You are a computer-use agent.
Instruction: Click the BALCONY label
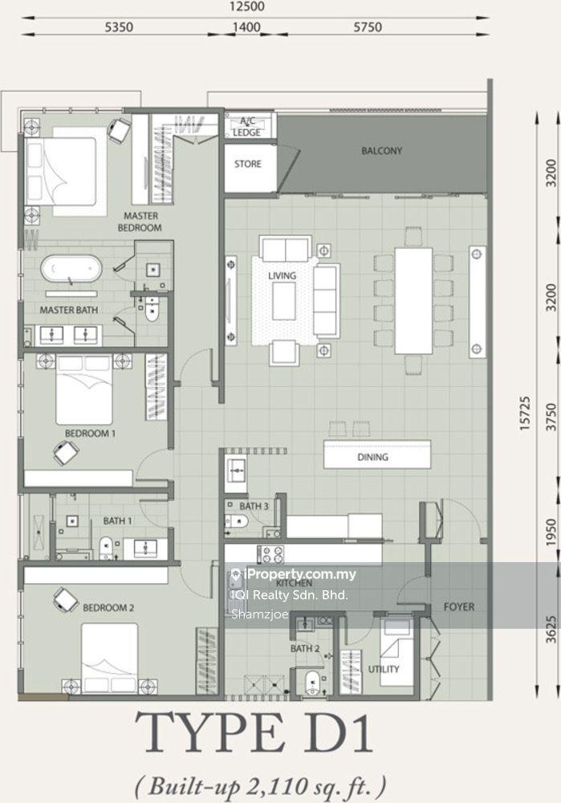[x=381, y=151]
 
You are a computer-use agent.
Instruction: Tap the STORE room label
[x=248, y=164]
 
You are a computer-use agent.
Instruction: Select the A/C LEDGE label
[x=247, y=127]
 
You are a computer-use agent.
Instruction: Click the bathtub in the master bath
[x=71, y=269]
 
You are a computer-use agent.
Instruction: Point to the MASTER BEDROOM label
[x=140, y=222]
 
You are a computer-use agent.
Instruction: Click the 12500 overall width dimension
[x=247, y=6]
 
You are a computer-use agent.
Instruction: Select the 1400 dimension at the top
[x=246, y=26]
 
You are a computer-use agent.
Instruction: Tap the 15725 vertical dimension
[x=525, y=413]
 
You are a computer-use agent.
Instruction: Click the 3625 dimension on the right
[x=551, y=629]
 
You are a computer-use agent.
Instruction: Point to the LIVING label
[x=282, y=276]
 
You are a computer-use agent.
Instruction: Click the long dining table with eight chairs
[x=413, y=300]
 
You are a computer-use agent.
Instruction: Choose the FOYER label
[x=458, y=607]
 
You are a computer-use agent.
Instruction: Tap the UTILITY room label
[x=384, y=669]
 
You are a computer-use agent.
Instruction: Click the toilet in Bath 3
[x=236, y=522]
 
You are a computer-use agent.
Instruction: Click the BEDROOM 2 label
[x=108, y=608]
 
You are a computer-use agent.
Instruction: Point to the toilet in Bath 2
[x=311, y=682]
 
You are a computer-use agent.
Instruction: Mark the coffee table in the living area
[x=283, y=301]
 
